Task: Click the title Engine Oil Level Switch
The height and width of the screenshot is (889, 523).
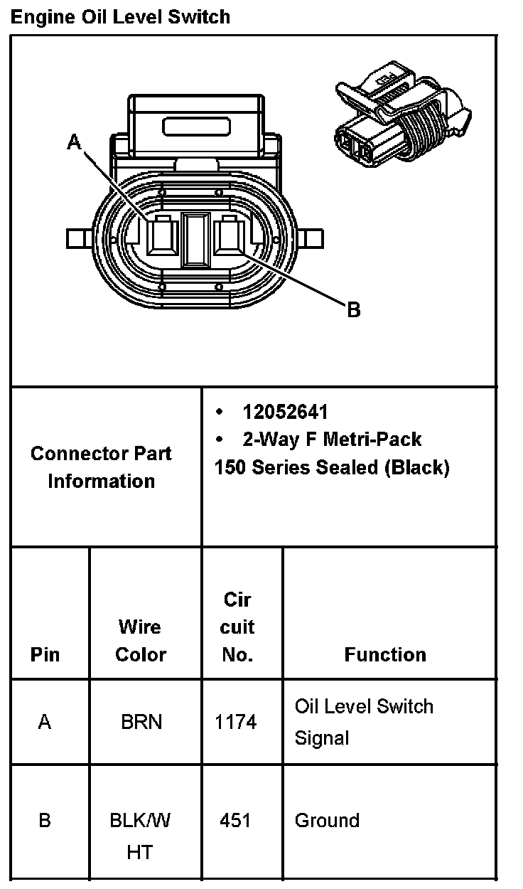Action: click(120, 16)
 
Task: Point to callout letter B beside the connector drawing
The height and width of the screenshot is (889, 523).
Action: click(353, 310)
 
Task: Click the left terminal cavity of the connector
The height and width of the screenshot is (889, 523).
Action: click(161, 235)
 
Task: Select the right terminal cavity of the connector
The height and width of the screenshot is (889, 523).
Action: click(229, 235)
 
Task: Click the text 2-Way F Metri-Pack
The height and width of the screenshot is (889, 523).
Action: click(332, 440)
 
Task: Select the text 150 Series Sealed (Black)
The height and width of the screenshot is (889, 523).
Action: click(332, 467)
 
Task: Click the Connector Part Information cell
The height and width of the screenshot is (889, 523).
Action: click(101, 467)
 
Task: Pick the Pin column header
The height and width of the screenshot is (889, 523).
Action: click(45, 654)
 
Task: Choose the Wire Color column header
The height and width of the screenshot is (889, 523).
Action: click(141, 640)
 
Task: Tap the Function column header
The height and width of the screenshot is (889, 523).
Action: click(385, 654)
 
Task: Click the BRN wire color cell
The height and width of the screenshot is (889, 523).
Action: click(141, 723)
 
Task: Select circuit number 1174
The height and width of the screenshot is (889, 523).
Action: click(236, 723)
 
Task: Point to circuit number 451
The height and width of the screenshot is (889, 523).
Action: click(235, 821)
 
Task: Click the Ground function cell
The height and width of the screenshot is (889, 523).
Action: click(327, 821)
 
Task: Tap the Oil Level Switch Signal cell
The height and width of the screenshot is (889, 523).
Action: click(364, 722)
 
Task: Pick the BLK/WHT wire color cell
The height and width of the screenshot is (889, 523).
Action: click(140, 836)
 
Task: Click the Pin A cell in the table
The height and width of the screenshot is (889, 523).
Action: click(45, 723)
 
